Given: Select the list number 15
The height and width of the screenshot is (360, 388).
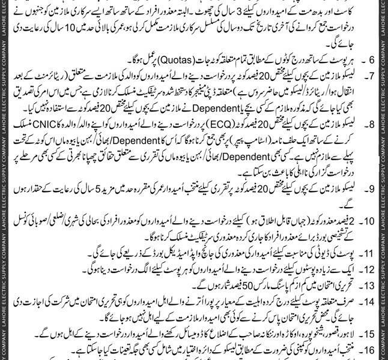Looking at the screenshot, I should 371,333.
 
